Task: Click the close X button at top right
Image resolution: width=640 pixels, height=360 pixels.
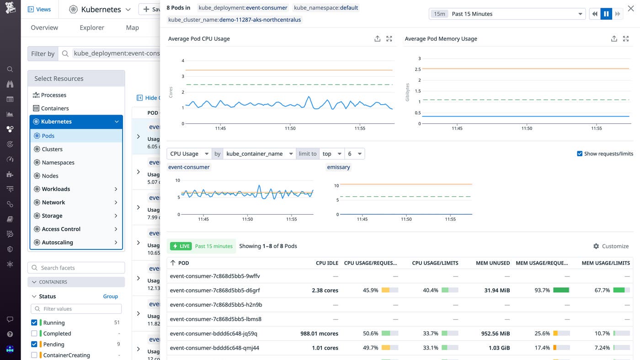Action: [631, 8]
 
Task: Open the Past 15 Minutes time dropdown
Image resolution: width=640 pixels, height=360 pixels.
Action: [507, 14]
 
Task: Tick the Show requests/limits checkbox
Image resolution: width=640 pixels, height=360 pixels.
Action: [580, 154]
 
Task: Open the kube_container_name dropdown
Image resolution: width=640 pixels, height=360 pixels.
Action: [259, 154]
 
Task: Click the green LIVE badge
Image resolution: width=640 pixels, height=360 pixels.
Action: [181, 246]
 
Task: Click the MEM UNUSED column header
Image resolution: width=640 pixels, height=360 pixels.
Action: [492, 263]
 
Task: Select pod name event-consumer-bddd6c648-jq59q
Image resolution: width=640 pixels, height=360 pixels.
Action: [213, 334]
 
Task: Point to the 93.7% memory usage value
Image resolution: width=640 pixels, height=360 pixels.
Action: [542, 291]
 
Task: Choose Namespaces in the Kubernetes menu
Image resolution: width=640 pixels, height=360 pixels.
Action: [58, 163]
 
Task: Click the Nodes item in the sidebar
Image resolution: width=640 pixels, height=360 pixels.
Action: [50, 176]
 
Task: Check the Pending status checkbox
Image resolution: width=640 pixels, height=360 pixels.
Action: [34, 344]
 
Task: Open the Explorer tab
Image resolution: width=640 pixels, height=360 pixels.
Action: [92, 28]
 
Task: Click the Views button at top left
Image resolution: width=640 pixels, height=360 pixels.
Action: [39, 9]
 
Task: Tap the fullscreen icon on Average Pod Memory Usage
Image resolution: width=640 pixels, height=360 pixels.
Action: [626, 39]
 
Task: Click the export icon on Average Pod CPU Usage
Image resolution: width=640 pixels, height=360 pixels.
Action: [377, 39]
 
